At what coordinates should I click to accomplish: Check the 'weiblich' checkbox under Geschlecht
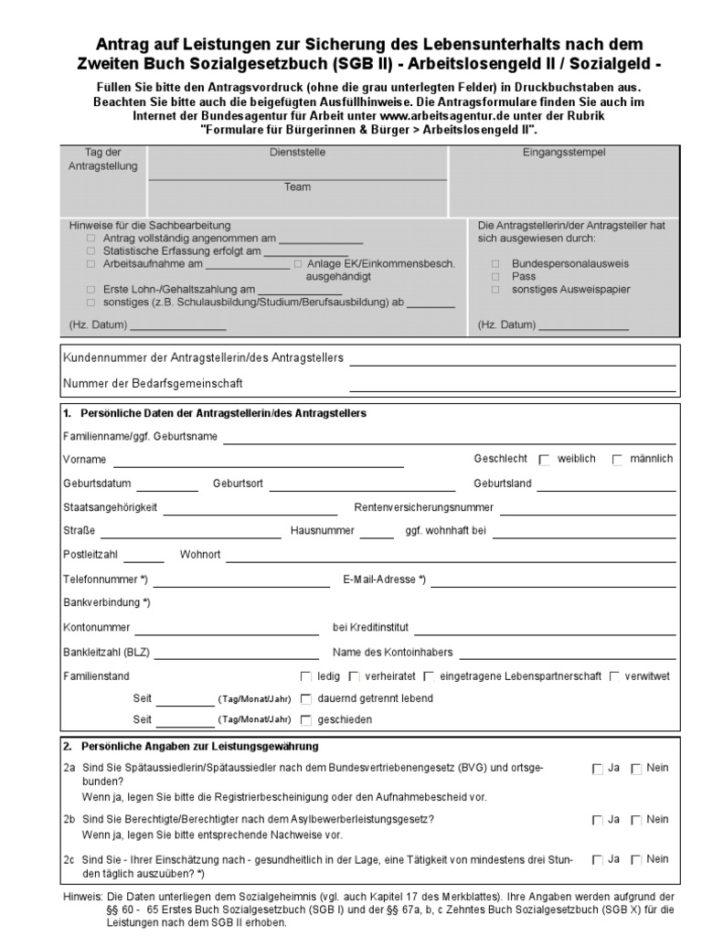tap(545, 460)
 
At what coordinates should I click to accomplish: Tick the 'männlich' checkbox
tap(618, 460)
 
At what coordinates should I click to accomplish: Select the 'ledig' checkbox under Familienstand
tap(306, 677)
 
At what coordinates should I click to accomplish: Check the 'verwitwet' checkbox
tap(614, 677)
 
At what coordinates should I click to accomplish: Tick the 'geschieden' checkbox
tap(306, 721)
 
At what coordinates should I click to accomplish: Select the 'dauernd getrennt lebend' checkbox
tap(306, 699)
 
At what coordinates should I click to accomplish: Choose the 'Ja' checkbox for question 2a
tap(597, 770)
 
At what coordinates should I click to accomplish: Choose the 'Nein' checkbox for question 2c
tap(636, 860)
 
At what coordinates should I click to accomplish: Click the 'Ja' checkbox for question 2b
tap(597, 821)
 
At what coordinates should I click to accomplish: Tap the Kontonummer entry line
tap(226, 631)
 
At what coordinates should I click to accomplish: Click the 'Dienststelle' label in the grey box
tap(297, 154)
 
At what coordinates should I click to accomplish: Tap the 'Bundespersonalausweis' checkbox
tap(495, 263)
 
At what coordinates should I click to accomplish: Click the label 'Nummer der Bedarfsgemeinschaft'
tap(154, 383)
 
